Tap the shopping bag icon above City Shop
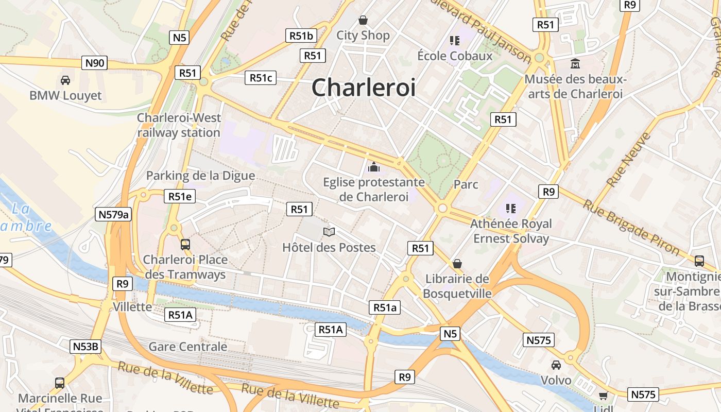363,20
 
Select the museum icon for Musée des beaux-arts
575,64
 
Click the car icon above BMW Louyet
65,80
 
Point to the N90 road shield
95,63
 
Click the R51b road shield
301,36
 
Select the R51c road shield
261,78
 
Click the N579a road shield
113,214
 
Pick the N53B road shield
85,347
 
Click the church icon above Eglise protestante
374,167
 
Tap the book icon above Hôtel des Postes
329,232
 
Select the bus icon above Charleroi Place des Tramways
185,244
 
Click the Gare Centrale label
188,347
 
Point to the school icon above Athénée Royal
511,209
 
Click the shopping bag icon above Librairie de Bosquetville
457,264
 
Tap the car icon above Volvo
556,365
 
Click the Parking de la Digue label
200,176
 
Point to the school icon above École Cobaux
454,40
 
